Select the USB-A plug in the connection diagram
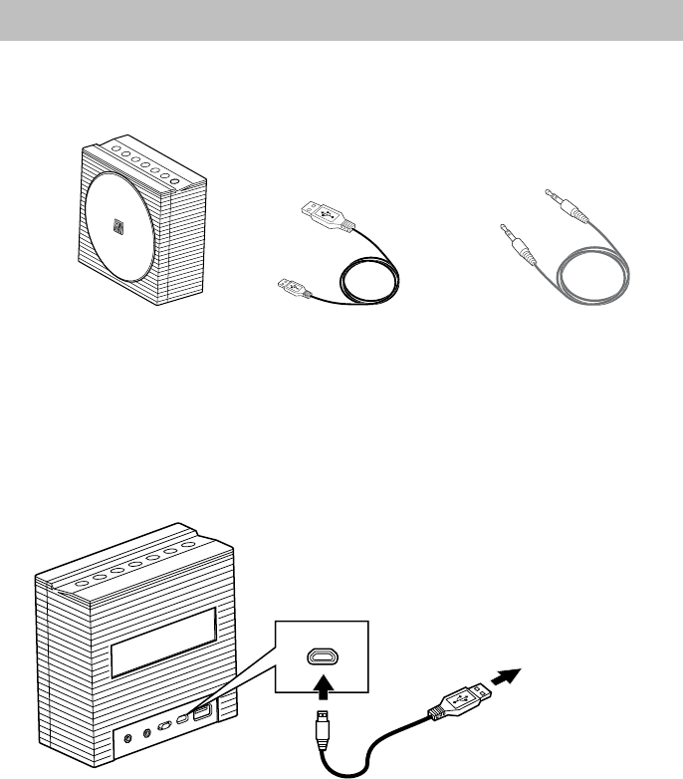pyautogui.click(x=461, y=699)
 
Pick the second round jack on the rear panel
pyautogui.click(x=148, y=733)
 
